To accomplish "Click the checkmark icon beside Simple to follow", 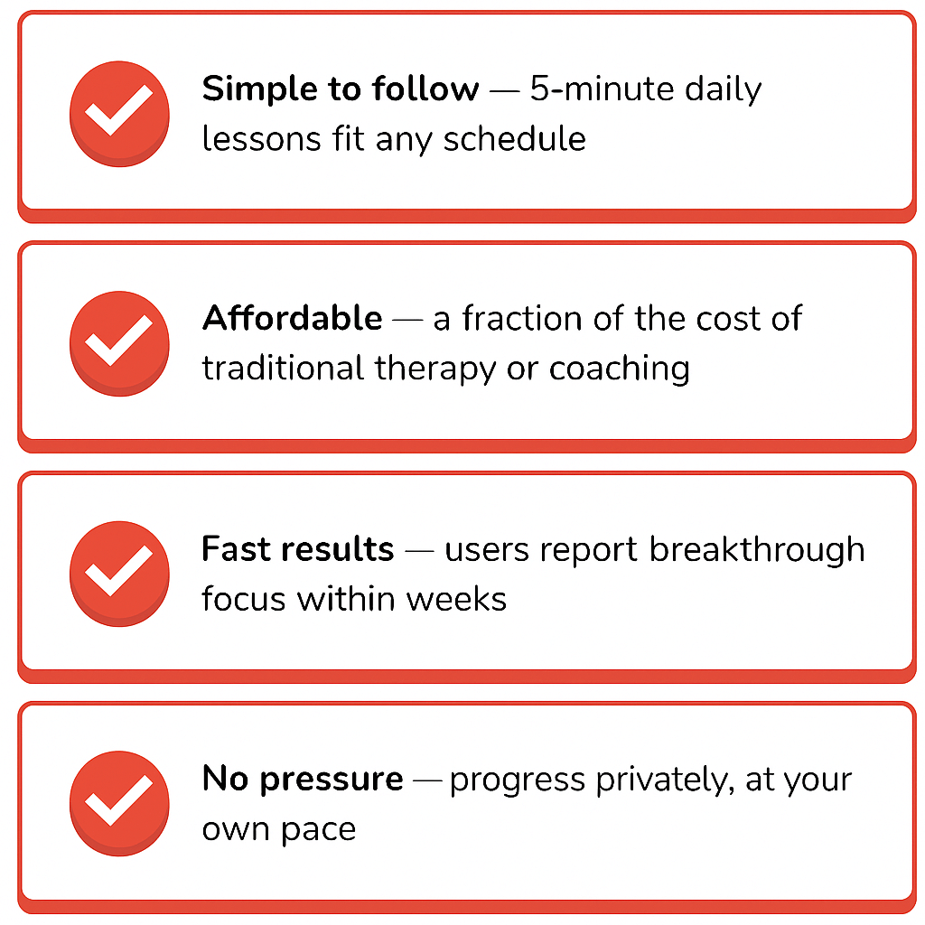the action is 120,113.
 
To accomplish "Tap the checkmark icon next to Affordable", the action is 120,343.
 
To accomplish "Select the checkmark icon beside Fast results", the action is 120,574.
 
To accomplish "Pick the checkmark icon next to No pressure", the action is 120,803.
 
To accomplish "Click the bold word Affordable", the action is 293,318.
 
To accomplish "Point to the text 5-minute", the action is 602,89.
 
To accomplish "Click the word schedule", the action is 514,138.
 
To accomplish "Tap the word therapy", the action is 435,369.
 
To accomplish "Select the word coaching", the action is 620,369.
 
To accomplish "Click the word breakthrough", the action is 757,550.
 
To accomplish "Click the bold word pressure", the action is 332,780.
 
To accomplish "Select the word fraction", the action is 522,318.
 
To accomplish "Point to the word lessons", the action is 261,139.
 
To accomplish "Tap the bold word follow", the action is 425,89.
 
